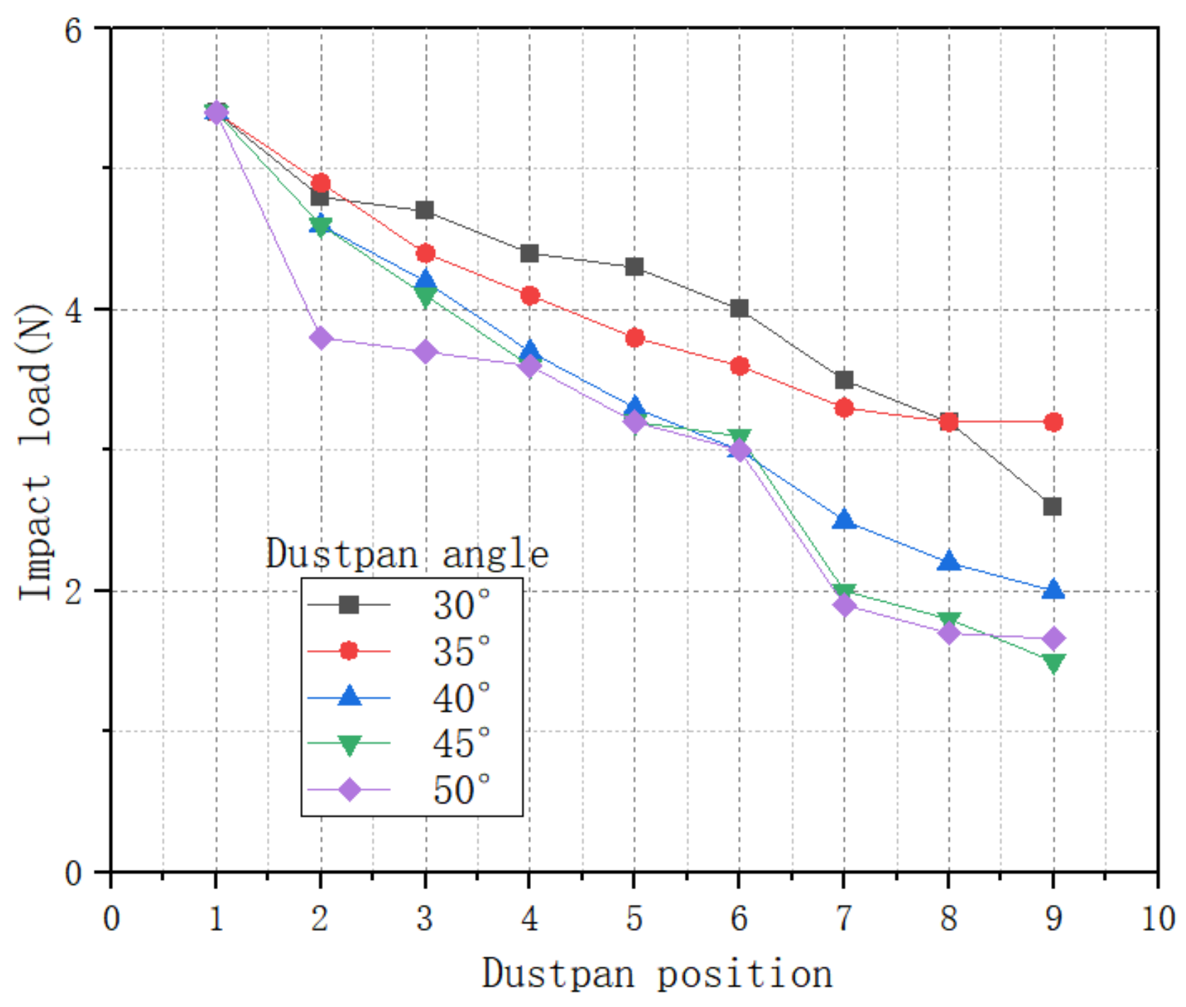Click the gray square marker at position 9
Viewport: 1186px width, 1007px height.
click(1052, 506)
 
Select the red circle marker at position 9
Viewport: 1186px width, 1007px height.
click(1053, 422)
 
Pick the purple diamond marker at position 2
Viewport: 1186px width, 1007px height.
click(321, 338)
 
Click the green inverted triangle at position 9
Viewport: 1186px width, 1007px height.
click(1053, 663)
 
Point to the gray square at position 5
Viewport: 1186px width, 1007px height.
click(635, 267)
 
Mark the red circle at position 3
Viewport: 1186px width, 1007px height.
click(425, 253)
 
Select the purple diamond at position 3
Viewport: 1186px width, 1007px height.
click(425, 351)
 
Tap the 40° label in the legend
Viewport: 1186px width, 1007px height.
click(461, 698)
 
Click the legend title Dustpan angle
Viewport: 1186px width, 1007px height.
click(407, 554)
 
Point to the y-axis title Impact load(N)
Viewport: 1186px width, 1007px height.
click(34, 451)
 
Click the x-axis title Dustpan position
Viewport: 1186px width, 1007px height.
click(657, 974)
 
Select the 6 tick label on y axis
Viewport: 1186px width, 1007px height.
click(73, 30)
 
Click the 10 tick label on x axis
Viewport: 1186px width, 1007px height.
click(1157, 918)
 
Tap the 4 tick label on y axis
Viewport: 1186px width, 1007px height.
click(73, 310)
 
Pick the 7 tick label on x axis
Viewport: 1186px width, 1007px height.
click(843, 918)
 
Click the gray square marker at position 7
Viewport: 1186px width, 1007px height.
click(844, 380)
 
